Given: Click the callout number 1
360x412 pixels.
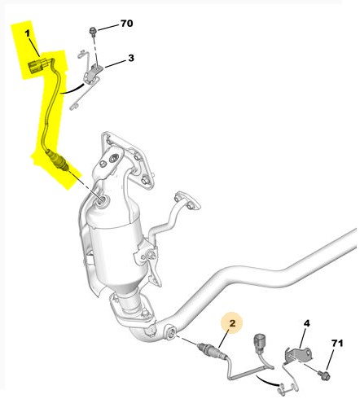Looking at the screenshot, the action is (x=28, y=33).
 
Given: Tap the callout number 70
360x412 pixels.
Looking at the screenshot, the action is (x=126, y=24).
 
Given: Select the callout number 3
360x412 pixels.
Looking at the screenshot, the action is (x=131, y=58).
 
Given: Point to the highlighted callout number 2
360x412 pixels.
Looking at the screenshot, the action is (x=232, y=323).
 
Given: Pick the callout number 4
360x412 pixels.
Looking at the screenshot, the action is (x=306, y=323).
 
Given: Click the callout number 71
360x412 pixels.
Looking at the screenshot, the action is (x=337, y=344).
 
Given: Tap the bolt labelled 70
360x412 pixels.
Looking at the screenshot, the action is (x=93, y=31).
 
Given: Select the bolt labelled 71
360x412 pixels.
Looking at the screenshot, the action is (x=324, y=375).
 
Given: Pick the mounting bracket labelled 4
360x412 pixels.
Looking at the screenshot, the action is (x=298, y=355).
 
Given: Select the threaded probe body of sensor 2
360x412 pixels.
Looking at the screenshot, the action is (x=209, y=348).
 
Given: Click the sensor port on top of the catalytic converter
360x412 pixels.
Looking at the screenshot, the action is (x=102, y=201).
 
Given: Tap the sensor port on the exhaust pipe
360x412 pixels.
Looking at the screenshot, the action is (x=172, y=332).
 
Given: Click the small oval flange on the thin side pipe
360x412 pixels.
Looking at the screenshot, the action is (x=187, y=202).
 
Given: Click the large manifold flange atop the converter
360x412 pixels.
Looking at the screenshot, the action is (x=126, y=156).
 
